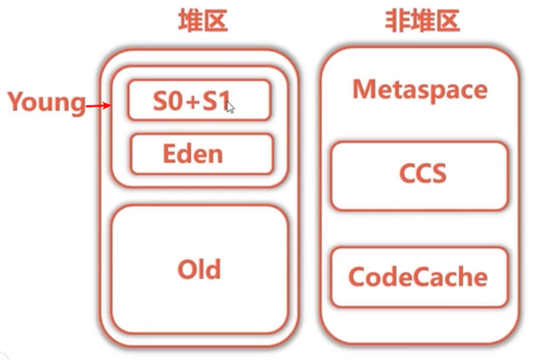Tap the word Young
[x=46, y=102]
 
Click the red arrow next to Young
[x=99, y=106]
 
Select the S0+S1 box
[x=199, y=101]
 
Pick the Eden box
[x=201, y=153]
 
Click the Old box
[x=200, y=270]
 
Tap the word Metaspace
[x=419, y=90]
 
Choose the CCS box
[x=419, y=175]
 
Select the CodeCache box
[x=418, y=277]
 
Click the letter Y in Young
[x=16, y=102]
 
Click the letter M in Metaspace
[x=362, y=90]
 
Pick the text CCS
[x=419, y=175]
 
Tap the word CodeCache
[x=418, y=277]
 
